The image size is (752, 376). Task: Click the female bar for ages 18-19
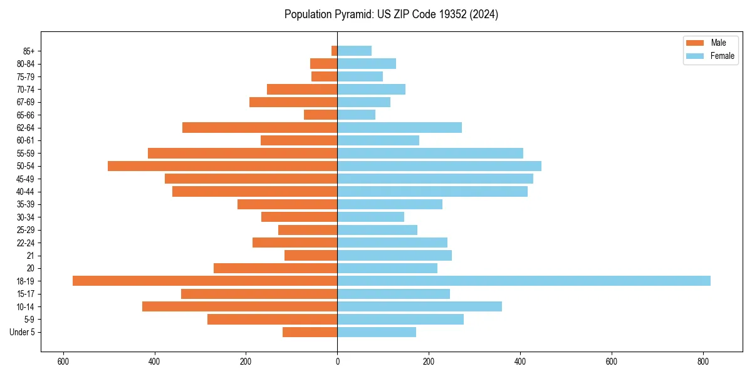pyautogui.click(x=524, y=281)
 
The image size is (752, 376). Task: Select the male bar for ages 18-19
pyautogui.click(x=205, y=281)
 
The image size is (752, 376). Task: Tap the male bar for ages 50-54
pyautogui.click(x=222, y=166)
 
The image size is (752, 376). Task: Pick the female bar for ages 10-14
pyautogui.click(x=419, y=306)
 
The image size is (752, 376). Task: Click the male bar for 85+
pyautogui.click(x=335, y=51)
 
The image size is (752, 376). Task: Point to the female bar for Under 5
pyautogui.click(x=377, y=332)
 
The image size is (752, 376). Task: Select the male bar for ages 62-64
pyautogui.click(x=259, y=128)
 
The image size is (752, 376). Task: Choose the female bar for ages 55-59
pyautogui.click(x=430, y=153)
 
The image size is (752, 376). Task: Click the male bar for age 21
pyautogui.click(x=311, y=256)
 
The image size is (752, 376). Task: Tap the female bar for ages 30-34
pyautogui.click(x=371, y=217)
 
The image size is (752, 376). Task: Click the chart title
pyautogui.click(x=391, y=14)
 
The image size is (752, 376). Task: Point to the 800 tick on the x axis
pyautogui.click(x=703, y=362)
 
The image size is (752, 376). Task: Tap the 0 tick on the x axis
pyautogui.click(x=337, y=362)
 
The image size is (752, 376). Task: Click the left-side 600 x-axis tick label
pyautogui.click(x=63, y=362)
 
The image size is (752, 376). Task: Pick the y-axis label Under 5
pyautogui.click(x=23, y=332)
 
